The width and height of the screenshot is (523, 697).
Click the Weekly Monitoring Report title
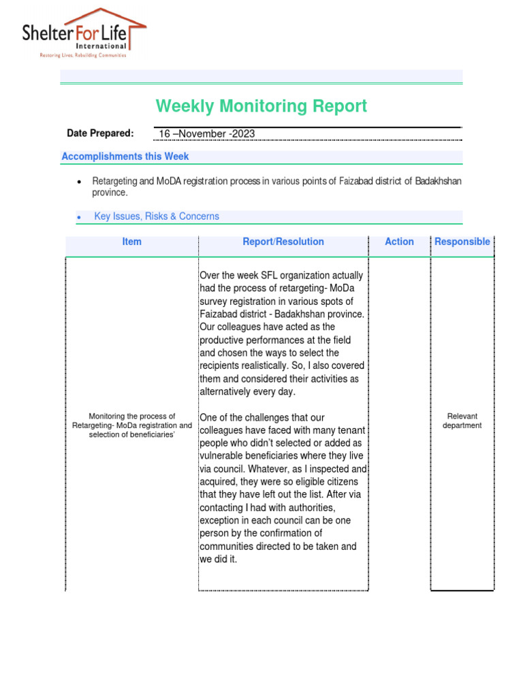coord(261,106)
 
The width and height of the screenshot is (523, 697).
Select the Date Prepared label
coord(100,133)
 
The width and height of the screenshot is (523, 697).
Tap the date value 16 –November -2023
coord(207,134)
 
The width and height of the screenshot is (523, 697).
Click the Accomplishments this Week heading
coord(125,157)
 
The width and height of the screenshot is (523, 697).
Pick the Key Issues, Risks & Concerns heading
coord(157,216)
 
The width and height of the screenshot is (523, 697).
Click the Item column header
coord(131,242)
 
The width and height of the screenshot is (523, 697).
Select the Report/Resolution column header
coord(283,242)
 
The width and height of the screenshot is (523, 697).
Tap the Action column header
coord(399,242)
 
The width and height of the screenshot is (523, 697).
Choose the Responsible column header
coord(462,242)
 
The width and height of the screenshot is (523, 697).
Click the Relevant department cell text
coord(462,421)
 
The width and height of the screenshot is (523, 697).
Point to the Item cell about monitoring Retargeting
coord(132,425)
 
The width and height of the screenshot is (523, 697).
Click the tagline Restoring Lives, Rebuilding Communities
coord(82,56)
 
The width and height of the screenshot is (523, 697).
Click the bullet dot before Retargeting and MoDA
coord(80,182)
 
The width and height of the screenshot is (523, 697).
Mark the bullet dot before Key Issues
coord(80,217)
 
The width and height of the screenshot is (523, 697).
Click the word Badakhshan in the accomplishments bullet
coord(439,181)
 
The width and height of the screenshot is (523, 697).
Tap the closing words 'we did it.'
coord(219,560)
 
